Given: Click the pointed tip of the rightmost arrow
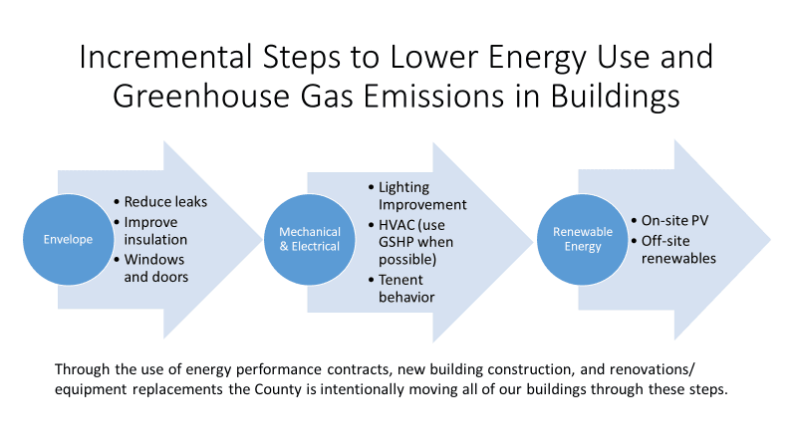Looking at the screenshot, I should click(769, 239).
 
